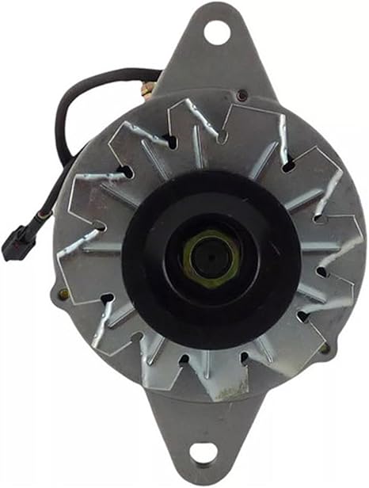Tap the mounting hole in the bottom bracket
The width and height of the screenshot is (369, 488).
[204, 453]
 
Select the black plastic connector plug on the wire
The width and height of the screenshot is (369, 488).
[17, 242]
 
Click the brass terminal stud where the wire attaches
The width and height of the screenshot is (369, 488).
[148, 89]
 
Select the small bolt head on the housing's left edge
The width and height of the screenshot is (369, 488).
[63, 294]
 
